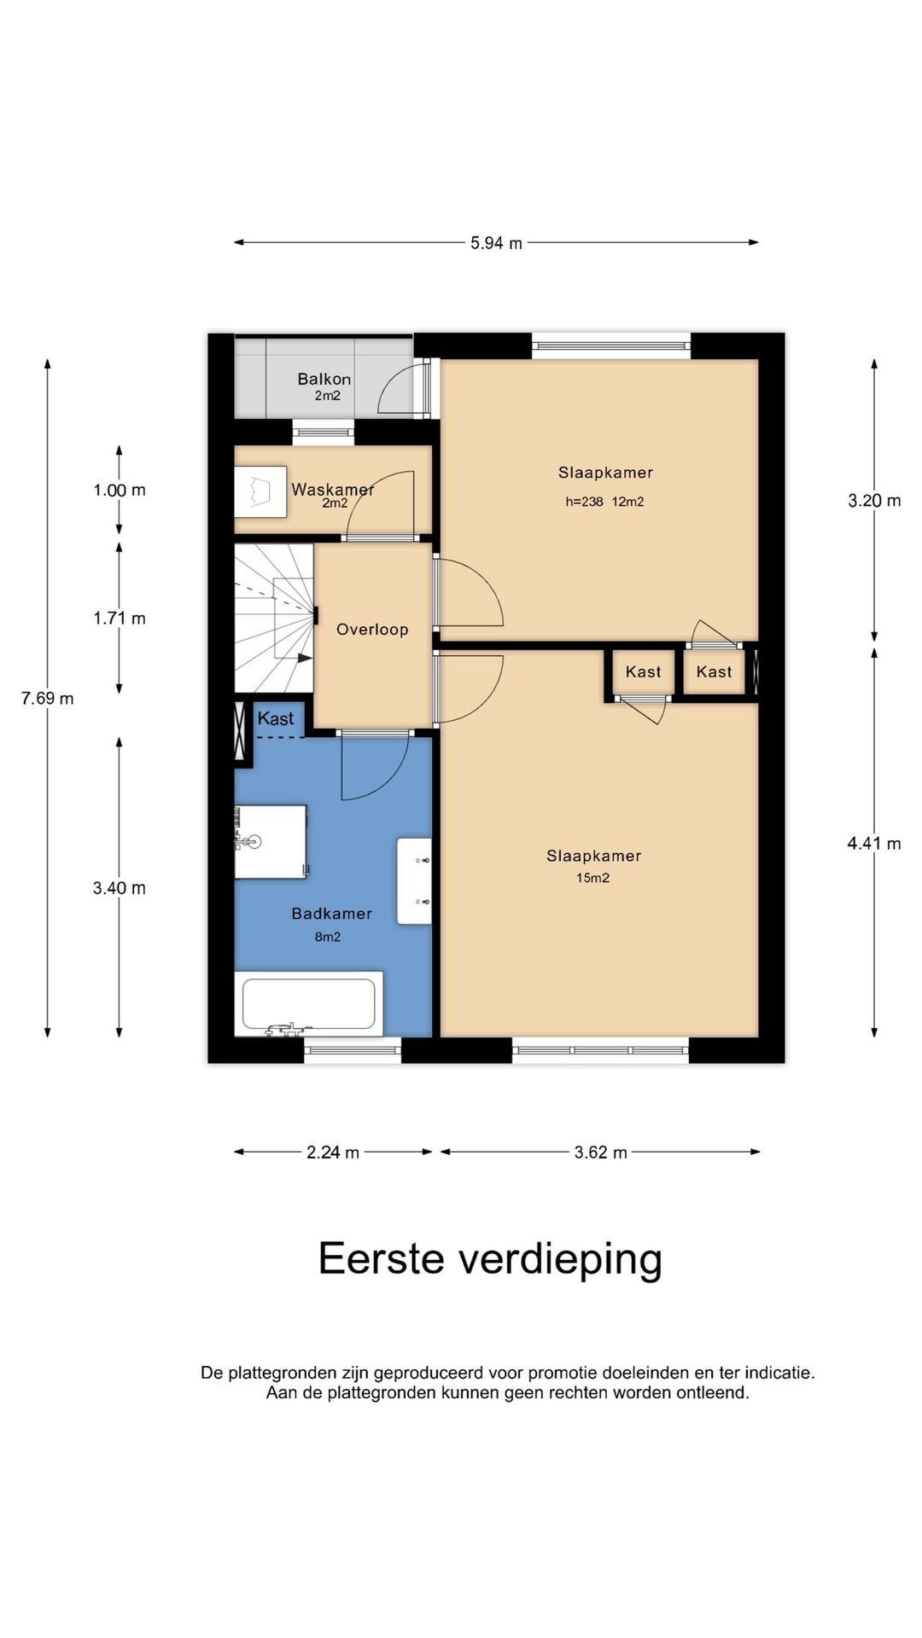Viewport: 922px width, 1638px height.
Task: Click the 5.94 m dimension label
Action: click(x=496, y=243)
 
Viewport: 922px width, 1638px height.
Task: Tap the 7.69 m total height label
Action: click(x=48, y=699)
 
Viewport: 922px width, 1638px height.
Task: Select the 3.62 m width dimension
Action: click(x=600, y=1153)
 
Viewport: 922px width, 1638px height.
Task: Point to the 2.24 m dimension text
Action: click(x=333, y=1153)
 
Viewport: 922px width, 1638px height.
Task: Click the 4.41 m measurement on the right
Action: click(x=873, y=844)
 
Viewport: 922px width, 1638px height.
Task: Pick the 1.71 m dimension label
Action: click(x=120, y=619)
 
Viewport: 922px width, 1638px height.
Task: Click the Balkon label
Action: click(x=324, y=379)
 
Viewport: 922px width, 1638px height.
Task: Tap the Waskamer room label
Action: click(x=332, y=490)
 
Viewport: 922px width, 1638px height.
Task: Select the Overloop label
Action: click(x=372, y=630)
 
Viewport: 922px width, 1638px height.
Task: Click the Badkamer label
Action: click(x=331, y=914)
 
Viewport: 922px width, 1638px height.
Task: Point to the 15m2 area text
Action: click(x=592, y=878)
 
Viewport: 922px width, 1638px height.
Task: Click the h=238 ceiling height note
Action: click(x=584, y=502)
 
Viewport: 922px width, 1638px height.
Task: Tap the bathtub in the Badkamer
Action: click(x=308, y=1004)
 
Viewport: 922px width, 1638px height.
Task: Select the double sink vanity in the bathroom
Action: click(x=414, y=881)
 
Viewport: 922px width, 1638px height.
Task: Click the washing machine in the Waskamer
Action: click(x=260, y=491)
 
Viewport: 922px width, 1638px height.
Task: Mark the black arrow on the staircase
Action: click(x=304, y=658)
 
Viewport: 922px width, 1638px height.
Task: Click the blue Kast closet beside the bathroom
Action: click(x=276, y=719)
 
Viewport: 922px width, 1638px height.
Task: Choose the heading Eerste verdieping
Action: click(x=490, y=1259)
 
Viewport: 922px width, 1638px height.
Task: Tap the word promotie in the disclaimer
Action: click(x=563, y=1374)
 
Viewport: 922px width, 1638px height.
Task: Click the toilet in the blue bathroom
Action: click(x=271, y=841)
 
